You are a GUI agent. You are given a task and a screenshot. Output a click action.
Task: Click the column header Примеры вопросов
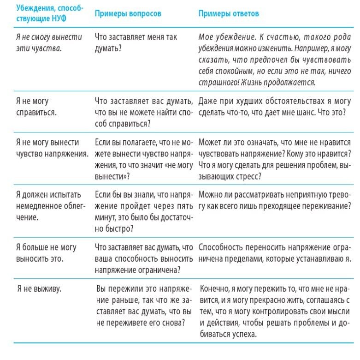[128, 14]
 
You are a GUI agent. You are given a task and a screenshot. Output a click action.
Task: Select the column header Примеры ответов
[228, 14]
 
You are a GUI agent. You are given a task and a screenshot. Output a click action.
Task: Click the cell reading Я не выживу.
[39, 288]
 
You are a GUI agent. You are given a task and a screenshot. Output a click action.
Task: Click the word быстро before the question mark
[115, 228]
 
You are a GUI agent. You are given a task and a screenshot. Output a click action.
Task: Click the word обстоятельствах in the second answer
[279, 101]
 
